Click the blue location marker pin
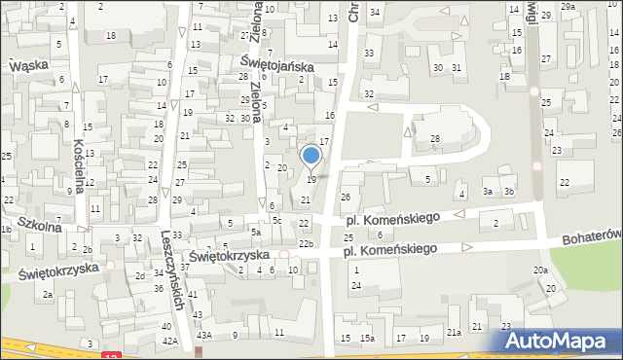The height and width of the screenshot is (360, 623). (311, 156)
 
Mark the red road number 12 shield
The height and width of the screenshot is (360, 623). (113, 354)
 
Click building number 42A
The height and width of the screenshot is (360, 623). (169, 342)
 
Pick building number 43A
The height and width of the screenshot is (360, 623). (203, 335)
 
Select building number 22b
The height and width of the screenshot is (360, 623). (306, 242)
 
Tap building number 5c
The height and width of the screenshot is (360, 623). (276, 220)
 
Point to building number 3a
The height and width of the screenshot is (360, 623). (488, 192)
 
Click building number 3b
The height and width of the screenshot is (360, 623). (508, 192)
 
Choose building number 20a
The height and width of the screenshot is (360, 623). (539, 270)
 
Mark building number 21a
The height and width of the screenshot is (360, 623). (454, 333)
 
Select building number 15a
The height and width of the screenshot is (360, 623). (367, 338)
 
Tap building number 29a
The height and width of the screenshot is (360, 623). (568, 6)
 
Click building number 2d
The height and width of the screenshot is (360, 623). (140, 276)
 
